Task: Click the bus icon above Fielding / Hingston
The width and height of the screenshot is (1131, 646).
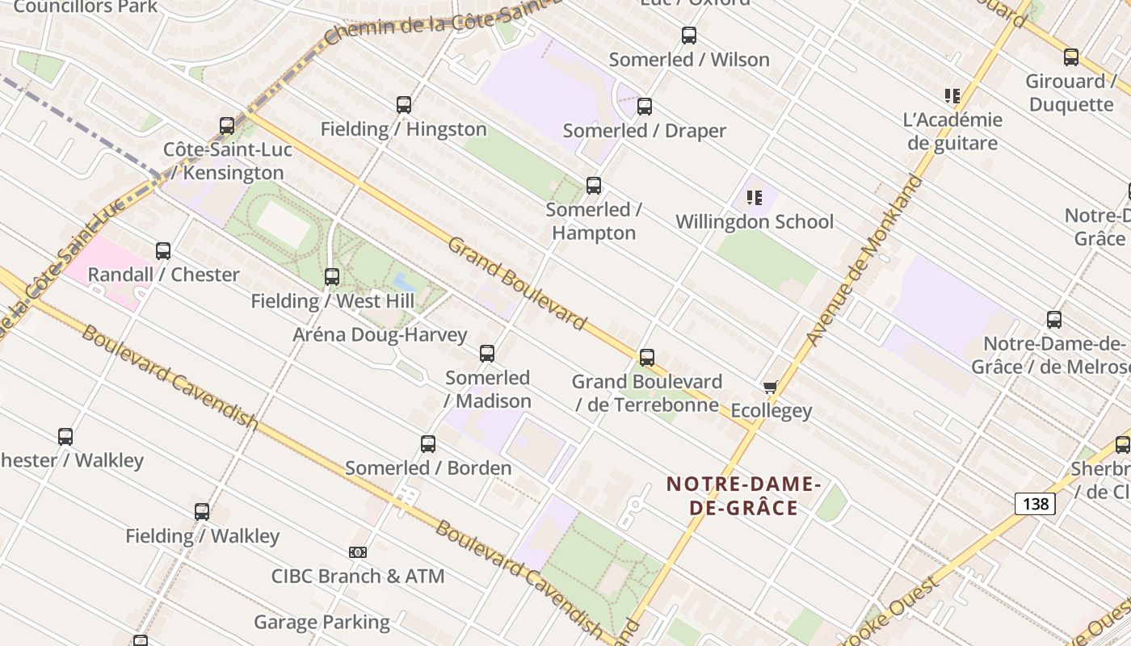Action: [x=404, y=105]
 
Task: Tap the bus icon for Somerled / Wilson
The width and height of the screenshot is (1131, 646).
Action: [x=688, y=36]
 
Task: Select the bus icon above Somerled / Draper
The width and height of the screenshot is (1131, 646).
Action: [x=644, y=107]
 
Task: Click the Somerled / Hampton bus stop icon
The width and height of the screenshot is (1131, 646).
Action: [x=594, y=186]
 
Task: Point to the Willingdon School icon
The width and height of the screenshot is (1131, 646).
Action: [x=755, y=197]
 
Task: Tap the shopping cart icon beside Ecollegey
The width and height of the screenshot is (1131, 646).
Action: [x=770, y=388]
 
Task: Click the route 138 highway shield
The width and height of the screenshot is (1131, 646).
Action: [x=1035, y=504]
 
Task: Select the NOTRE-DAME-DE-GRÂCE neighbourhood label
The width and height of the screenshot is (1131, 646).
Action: [x=743, y=496]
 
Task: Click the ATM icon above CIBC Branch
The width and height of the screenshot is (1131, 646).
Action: [x=358, y=552]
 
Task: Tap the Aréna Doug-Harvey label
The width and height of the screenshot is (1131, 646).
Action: [x=380, y=334]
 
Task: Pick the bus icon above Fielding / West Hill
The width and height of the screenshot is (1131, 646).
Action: [x=331, y=277]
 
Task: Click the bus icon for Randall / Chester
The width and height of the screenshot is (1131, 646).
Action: [x=163, y=251]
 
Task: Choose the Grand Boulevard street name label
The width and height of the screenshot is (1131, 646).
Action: [x=517, y=283]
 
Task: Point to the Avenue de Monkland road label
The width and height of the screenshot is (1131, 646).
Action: [x=864, y=260]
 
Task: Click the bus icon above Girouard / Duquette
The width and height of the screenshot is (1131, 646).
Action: [x=1070, y=57]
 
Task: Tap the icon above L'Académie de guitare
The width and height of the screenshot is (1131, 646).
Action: [x=952, y=96]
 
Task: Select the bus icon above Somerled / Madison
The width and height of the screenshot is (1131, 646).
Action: [x=486, y=354]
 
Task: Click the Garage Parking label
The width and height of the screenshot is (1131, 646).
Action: [x=322, y=623]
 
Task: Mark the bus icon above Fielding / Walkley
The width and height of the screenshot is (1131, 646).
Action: [x=202, y=512]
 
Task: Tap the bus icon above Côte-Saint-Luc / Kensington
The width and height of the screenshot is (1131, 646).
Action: [x=227, y=126]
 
